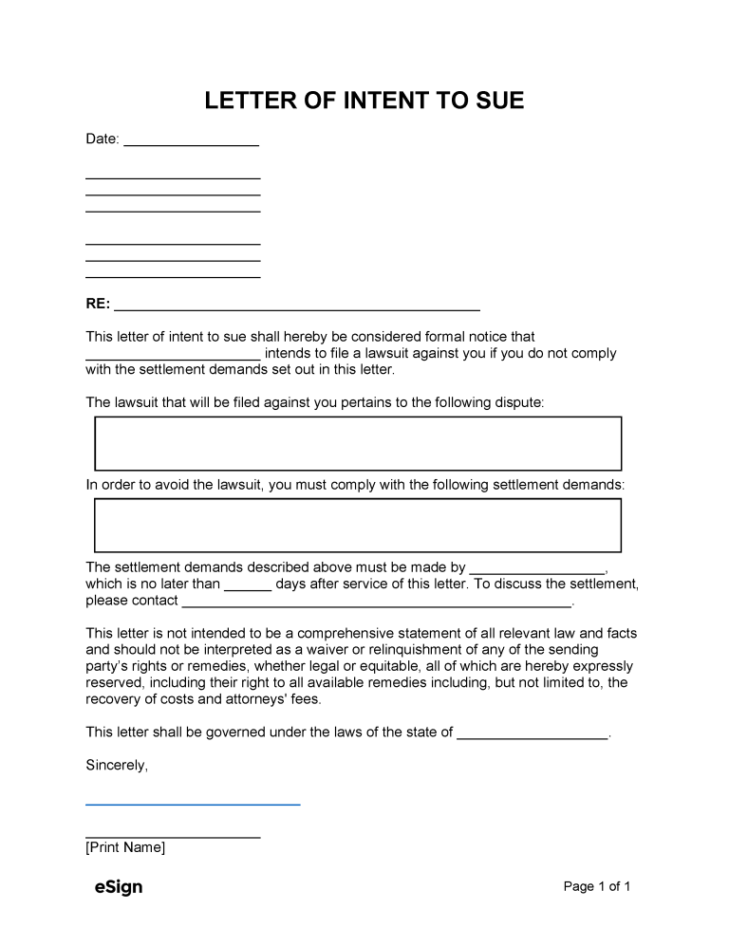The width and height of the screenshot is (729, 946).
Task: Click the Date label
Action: [x=103, y=139]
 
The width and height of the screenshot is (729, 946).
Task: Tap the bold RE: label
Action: [x=98, y=305]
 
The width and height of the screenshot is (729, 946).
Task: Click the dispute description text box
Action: [x=358, y=443]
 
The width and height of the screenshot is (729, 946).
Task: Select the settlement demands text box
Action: [x=358, y=525]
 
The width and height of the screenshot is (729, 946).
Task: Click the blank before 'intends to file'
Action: [x=173, y=357]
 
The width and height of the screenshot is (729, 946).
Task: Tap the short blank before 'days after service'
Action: [x=248, y=587]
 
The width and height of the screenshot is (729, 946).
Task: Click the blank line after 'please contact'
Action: [x=377, y=603]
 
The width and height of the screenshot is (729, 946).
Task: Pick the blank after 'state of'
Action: [x=532, y=735]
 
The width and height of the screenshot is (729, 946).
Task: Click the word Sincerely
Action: [x=117, y=765]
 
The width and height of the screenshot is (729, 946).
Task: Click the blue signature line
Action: [x=193, y=804]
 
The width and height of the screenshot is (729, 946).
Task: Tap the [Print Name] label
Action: [x=125, y=847]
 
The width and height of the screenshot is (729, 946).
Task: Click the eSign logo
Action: [x=119, y=887]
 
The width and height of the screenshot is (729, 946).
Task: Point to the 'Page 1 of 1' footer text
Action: [x=597, y=887]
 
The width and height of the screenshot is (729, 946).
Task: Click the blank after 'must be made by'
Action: [x=537, y=571]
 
